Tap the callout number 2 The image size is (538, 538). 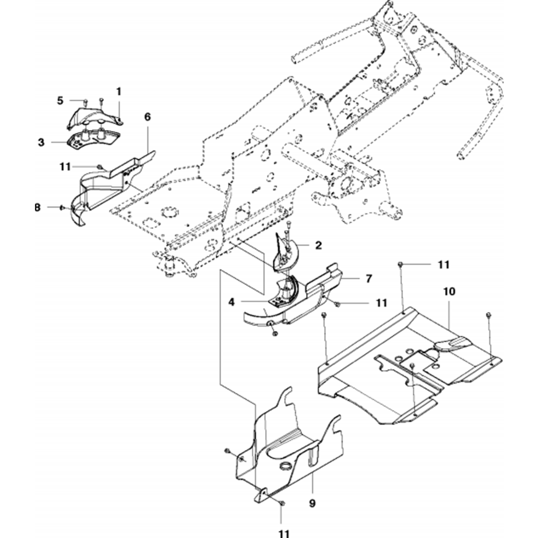(318, 245)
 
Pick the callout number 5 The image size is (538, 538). (60, 100)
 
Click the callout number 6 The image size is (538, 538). (147, 116)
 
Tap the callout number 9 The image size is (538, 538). (313, 504)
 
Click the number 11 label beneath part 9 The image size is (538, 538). (284, 533)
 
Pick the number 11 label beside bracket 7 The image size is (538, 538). (381, 303)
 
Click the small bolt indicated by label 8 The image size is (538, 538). (62, 207)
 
